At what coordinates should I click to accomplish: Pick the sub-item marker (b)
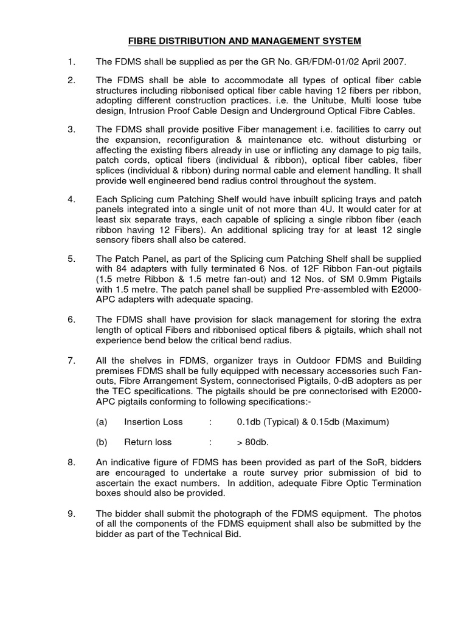pyautogui.click(x=102, y=442)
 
